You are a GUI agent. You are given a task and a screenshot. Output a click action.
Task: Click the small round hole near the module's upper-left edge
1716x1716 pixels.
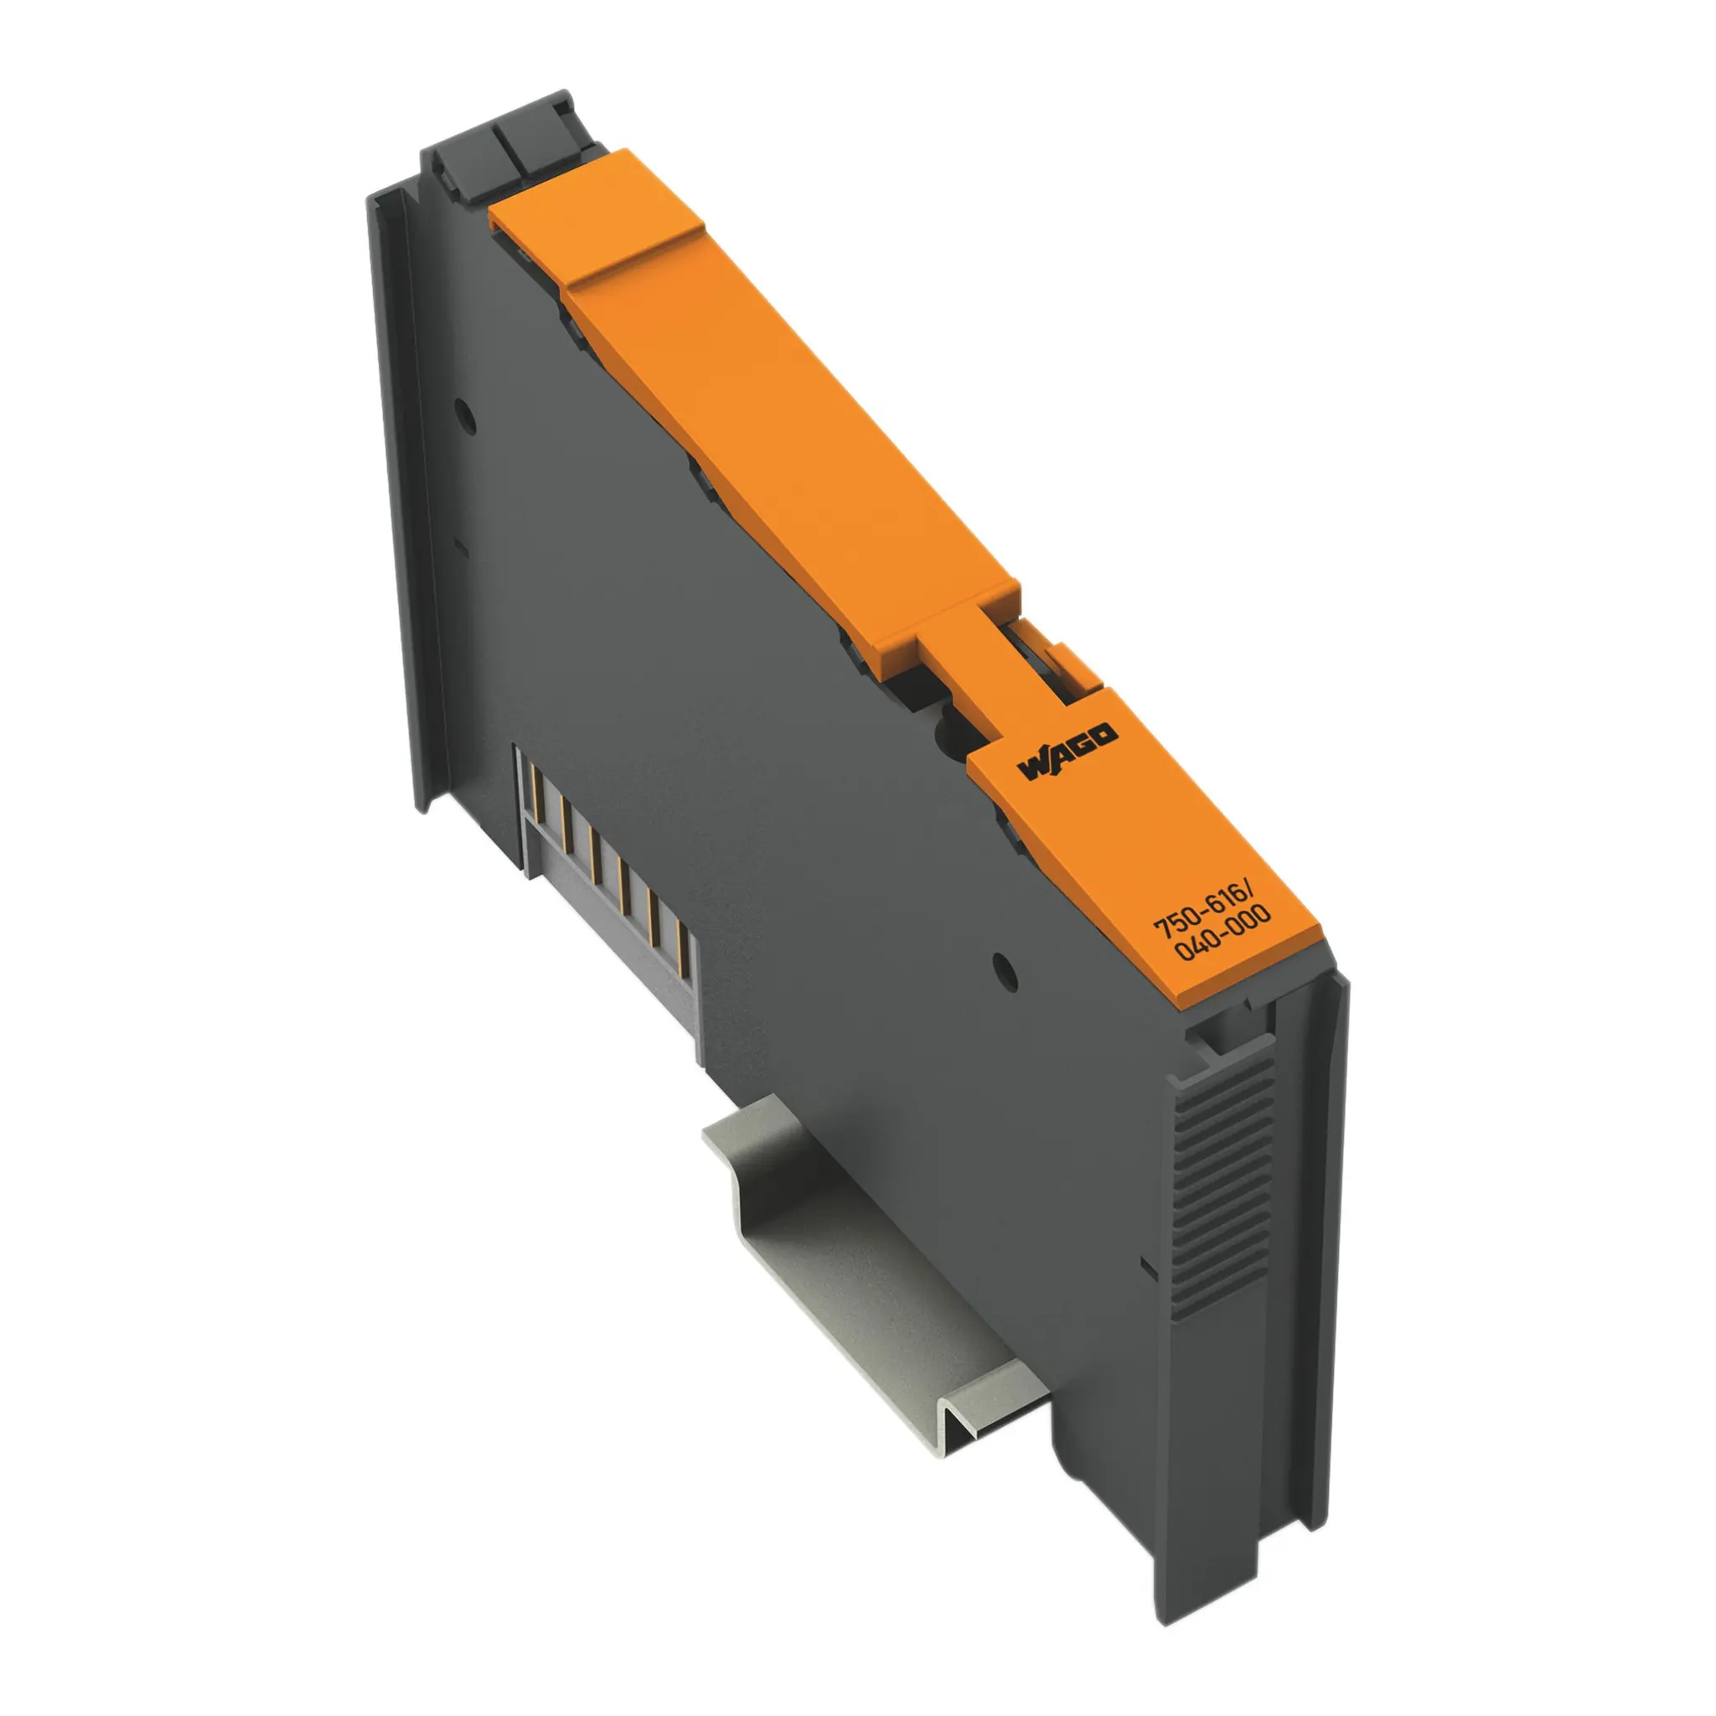463,414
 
